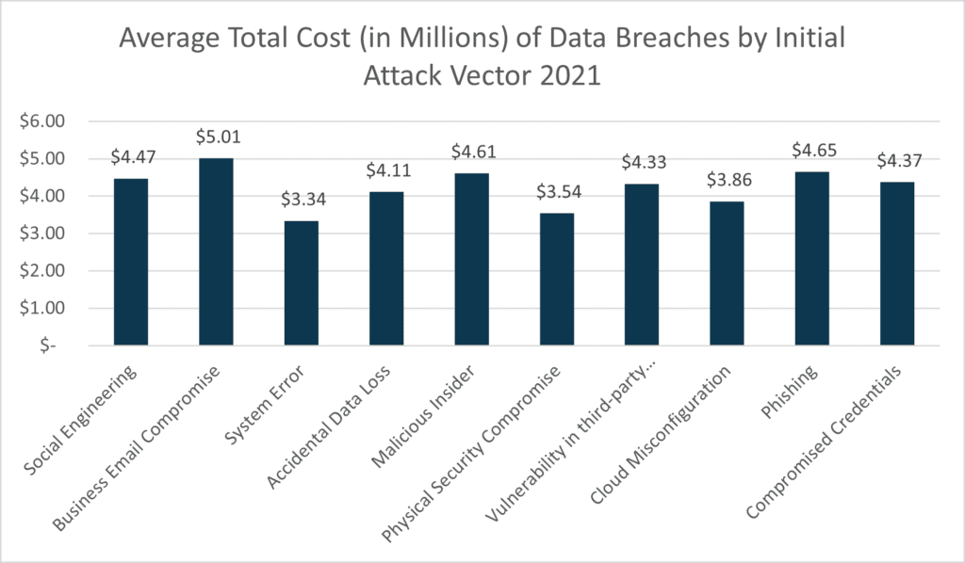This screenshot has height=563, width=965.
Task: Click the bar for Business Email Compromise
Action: (x=216, y=252)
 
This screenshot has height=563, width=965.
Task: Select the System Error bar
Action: (x=301, y=282)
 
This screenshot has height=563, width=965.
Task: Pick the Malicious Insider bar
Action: (x=471, y=260)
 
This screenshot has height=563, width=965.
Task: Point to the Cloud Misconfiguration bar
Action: (x=726, y=274)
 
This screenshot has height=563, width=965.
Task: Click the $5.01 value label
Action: (x=216, y=137)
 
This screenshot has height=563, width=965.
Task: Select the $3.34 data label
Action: (x=301, y=200)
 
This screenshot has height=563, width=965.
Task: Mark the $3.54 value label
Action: (x=556, y=192)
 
